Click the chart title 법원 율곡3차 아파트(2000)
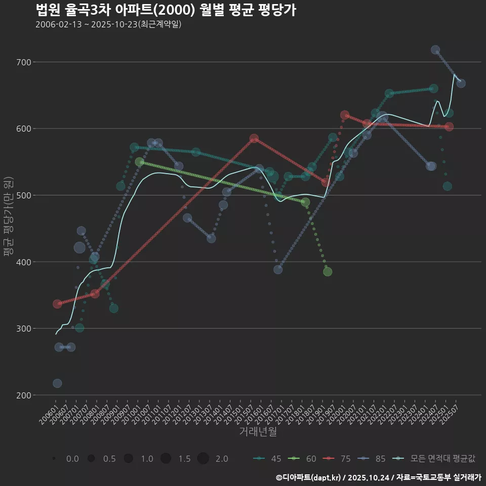(166, 10)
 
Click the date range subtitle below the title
(108, 24)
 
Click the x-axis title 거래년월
(258, 432)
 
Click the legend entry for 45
(267, 459)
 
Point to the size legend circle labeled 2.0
(203, 459)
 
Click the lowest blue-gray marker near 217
(57, 383)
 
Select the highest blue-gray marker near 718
(435, 50)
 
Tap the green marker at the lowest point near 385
(328, 272)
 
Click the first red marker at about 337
(57, 304)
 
